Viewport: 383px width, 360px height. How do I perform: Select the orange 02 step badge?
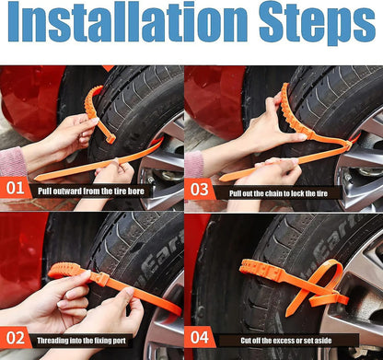click(x=15, y=338)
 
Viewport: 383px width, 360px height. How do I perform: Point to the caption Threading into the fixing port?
click(x=97, y=338)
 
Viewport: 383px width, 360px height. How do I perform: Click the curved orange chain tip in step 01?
click(x=92, y=101)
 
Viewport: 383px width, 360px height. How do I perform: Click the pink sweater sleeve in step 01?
click(x=11, y=162)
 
